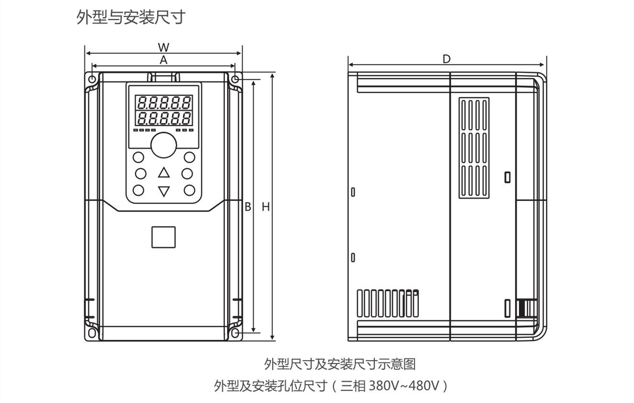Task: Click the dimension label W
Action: [164, 47]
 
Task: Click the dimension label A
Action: [164, 60]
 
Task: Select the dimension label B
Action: [248, 207]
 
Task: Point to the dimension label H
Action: [265, 207]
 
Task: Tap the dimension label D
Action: [447, 59]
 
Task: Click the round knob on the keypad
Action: [164, 145]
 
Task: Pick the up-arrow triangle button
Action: [164, 173]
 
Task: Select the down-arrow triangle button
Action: [164, 191]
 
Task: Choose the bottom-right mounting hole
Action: [235, 332]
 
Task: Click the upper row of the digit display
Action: [164, 102]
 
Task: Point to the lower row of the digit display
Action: [164, 118]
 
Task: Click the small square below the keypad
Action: [163, 237]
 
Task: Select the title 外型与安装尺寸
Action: [131, 18]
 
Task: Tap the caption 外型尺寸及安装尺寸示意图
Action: [340, 364]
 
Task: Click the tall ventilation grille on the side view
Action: [474, 148]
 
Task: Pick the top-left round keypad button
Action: [138, 157]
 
